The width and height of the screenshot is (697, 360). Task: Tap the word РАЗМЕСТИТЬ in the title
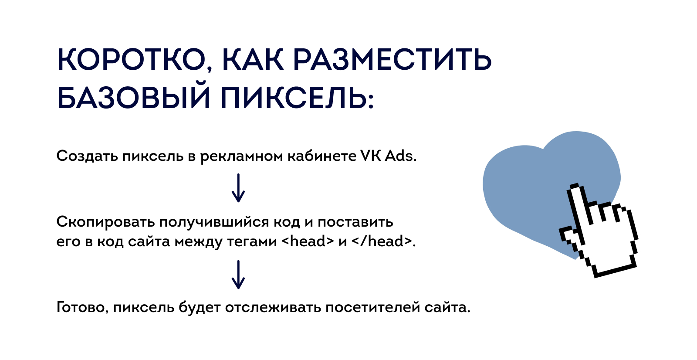click(392, 59)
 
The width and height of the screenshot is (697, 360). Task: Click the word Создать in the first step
click(87, 156)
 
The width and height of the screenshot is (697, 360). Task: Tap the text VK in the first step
click(370, 156)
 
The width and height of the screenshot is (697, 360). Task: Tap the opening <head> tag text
click(308, 241)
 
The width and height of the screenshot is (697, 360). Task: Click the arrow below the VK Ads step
click(238, 188)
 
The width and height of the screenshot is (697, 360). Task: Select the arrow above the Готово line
click(238, 275)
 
